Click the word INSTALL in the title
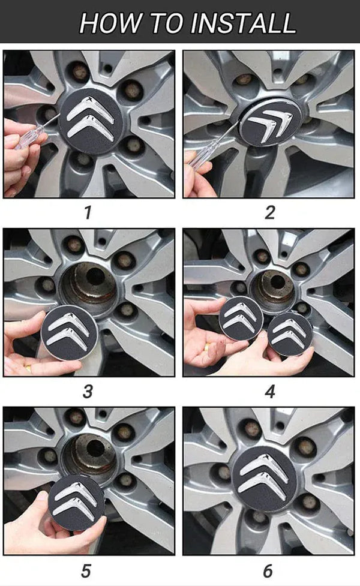click(243, 22)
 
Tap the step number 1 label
click(88, 212)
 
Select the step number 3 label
click(88, 391)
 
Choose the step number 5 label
click(88, 569)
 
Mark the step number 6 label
click(268, 569)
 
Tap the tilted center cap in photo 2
click(269, 124)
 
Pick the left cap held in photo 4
click(241, 318)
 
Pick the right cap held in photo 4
click(289, 333)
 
